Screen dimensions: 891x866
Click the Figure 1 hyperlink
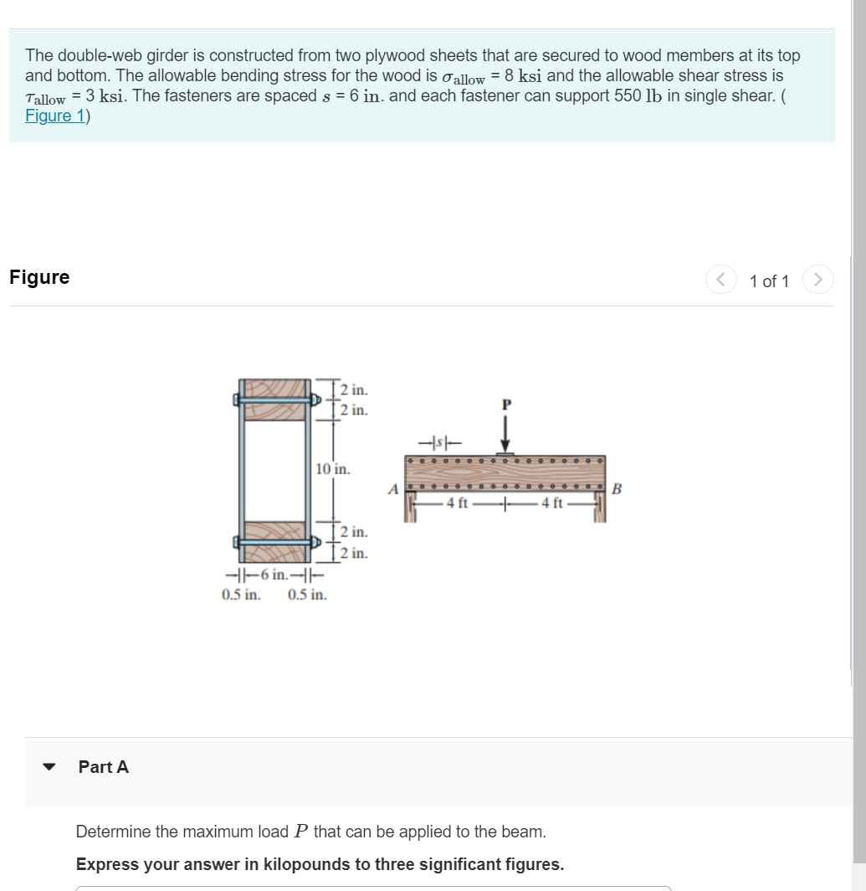[x=54, y=116]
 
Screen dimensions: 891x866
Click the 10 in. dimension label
[x=333, y=469]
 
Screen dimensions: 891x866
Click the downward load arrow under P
[x=505, y=434]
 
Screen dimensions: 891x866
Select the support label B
[x=617, y=489]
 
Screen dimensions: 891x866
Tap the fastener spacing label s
[x=433, y=441]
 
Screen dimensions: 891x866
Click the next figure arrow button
[x=818, y=280]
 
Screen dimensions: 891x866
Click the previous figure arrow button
[x=720, y=280]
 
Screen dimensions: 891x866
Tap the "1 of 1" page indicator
[x=769, y=281]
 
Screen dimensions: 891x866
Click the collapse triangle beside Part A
[x=49, y=767]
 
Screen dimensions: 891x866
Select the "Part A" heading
[x=104, y=767]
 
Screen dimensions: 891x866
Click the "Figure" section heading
[x=39, y=277]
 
